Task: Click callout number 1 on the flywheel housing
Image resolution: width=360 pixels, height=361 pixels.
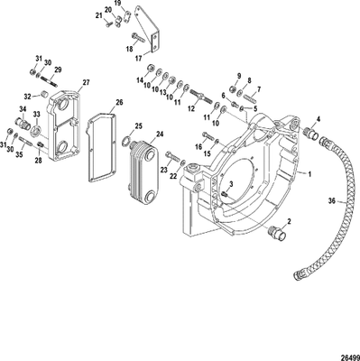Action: [x=310, y=171]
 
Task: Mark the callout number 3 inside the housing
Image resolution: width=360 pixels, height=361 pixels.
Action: [x=231, y=183]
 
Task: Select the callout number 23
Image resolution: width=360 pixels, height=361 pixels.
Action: [x=166, y=168]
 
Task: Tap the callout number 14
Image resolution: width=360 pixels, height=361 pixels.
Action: [x=141, y=80]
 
